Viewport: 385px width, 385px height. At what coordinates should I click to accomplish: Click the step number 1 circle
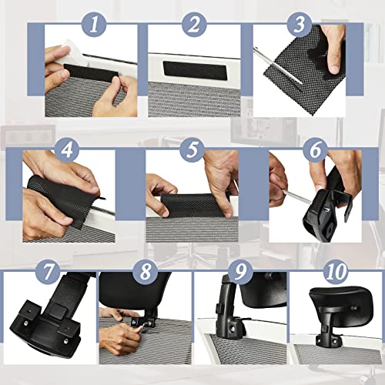click(x=95, y=25)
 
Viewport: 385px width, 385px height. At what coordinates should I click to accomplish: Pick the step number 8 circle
click(x=144, y=272)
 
